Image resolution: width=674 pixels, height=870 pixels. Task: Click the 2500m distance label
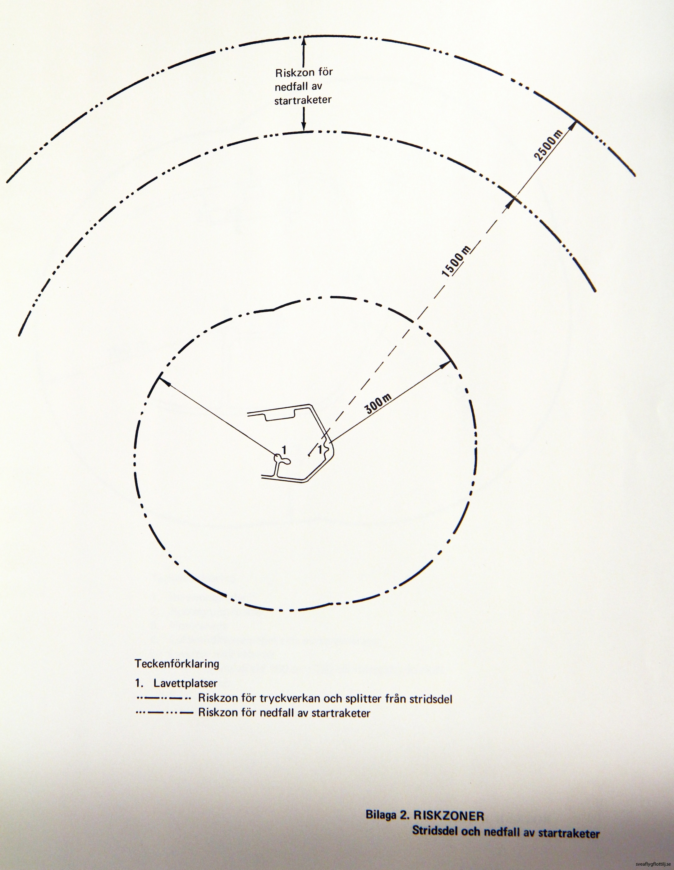pos(548,148)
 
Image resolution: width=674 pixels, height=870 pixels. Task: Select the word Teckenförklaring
pos(177,664)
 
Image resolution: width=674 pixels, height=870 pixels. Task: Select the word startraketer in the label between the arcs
pos(303,100)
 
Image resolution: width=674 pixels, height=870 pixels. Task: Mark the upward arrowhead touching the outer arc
pos(304,41)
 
